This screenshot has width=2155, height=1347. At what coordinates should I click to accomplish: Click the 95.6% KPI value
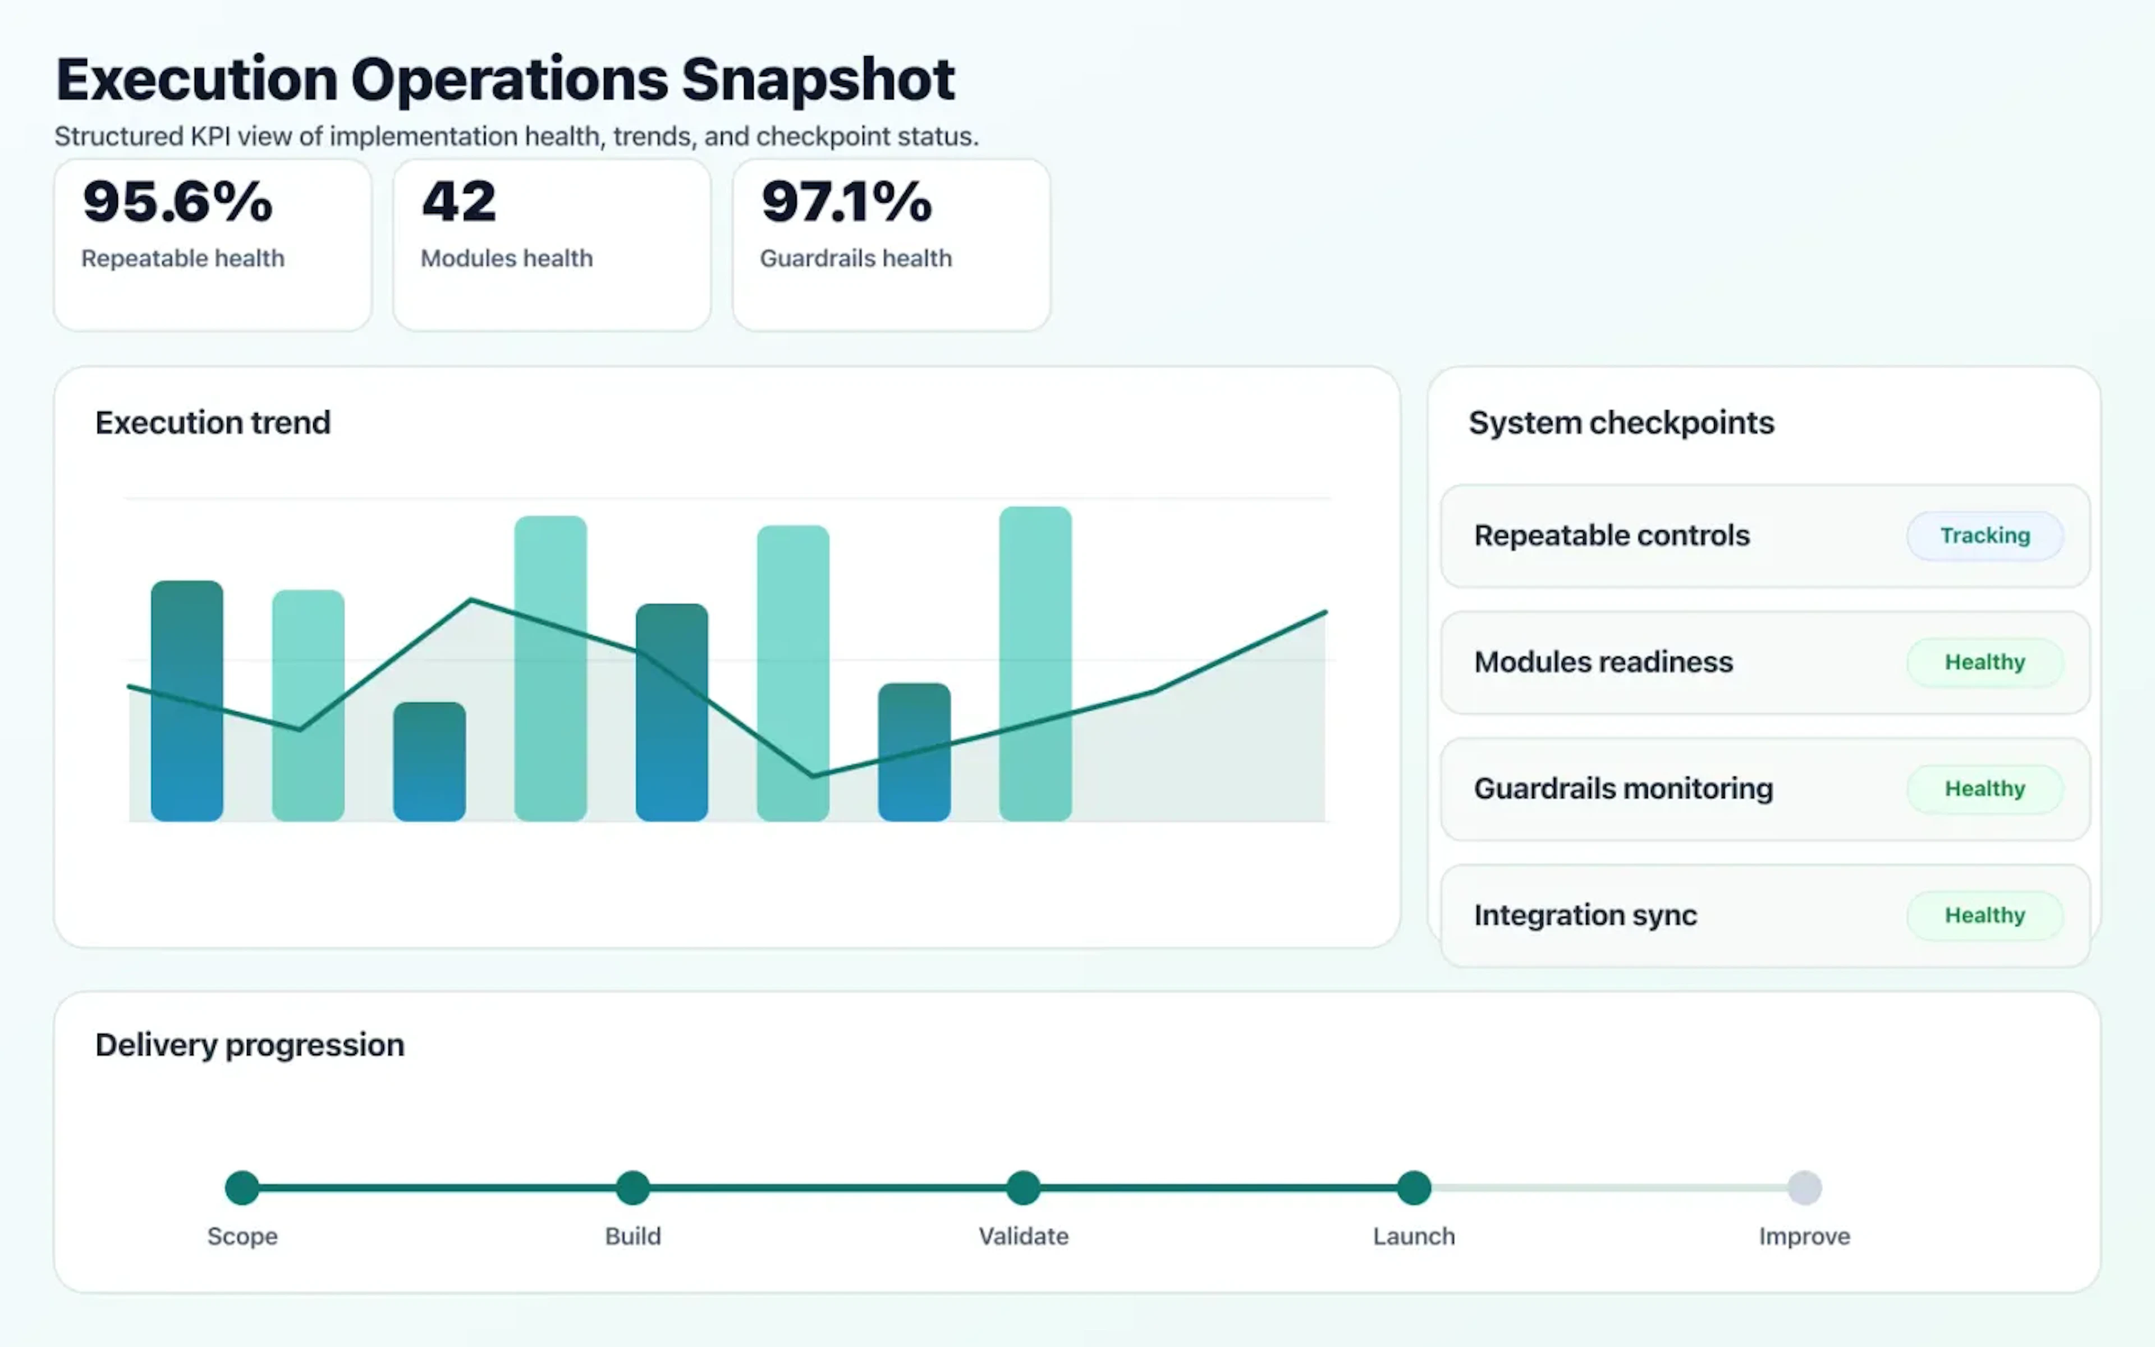177,201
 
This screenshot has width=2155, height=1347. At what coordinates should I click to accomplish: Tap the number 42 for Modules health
458,201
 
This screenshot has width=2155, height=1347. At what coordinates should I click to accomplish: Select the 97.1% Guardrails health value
846,201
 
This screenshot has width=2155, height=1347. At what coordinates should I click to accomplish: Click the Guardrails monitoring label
1622,789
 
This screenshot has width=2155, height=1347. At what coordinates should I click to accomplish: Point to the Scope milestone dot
242,1188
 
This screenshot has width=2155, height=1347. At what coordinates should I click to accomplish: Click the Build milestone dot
633,1188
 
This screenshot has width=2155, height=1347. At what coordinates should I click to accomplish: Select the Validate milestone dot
1023,1188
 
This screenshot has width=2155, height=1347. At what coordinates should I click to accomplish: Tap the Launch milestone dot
1413,1188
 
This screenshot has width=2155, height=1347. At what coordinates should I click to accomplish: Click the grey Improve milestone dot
1804,1188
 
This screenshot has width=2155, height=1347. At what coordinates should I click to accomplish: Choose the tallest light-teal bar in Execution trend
1035,664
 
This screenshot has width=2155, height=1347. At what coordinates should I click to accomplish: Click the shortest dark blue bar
429,762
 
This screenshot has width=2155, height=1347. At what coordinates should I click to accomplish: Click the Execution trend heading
213,422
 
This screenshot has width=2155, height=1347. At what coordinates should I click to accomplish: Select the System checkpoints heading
1621,422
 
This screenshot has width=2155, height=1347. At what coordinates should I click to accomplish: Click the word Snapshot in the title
818,80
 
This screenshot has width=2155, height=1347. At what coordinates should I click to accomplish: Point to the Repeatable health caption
182,258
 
